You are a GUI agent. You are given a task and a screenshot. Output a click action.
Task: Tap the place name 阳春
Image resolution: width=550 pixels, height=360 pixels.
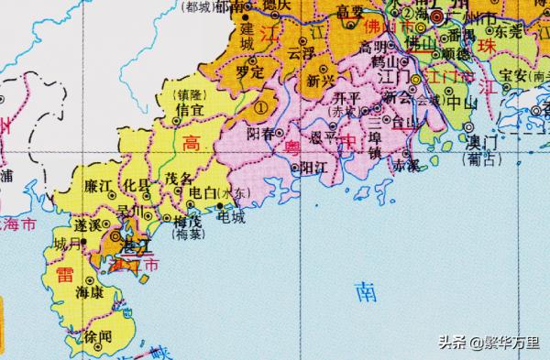pos(260,134)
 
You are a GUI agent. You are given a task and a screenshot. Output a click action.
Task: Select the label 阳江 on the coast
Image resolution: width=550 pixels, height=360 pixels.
pos(314,168)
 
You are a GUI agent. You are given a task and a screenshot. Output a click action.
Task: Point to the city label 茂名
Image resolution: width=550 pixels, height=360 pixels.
pos(179,180)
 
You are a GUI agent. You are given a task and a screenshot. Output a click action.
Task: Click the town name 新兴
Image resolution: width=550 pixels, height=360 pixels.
pos(322,81)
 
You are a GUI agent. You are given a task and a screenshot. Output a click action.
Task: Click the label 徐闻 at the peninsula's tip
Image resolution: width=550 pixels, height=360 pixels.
pos(96,337)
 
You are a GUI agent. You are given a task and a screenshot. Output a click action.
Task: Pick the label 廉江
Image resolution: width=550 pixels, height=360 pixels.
pos(97,186)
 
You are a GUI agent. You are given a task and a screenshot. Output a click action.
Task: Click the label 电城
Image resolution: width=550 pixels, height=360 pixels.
pos(231,217)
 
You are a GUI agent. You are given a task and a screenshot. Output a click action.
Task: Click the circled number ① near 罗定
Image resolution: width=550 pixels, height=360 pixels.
pos(260,107)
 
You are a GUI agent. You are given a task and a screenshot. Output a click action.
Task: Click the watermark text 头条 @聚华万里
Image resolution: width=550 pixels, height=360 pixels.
pos(489,344)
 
